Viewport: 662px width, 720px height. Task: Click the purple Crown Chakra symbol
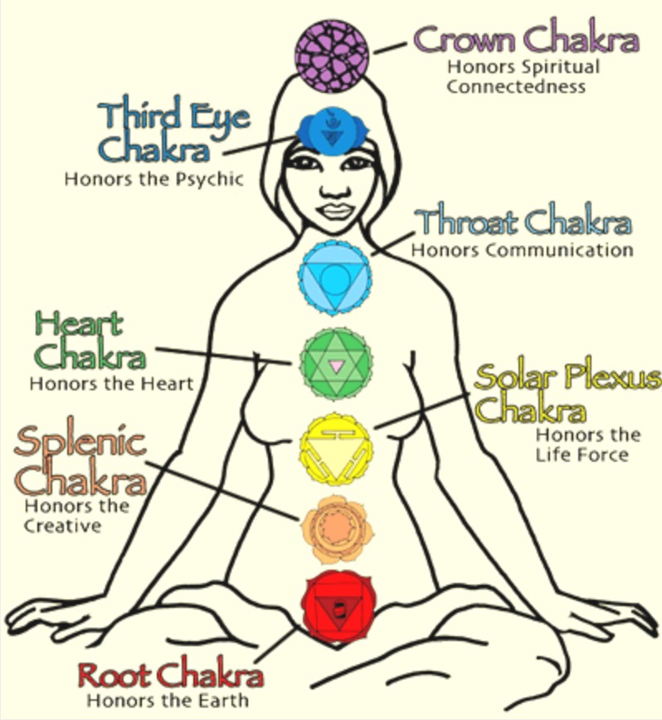(x=332, y=56)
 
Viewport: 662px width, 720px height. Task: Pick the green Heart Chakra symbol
(x=334, y=364)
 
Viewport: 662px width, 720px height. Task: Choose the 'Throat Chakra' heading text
(x=523, y=223)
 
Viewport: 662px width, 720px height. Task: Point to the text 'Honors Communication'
(x=523, y=249)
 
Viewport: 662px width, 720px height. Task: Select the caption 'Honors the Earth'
(x=167, y=700)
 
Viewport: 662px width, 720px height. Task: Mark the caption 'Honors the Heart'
(x=111, y=384)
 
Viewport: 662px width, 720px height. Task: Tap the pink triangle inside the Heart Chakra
(x=335, y=365)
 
